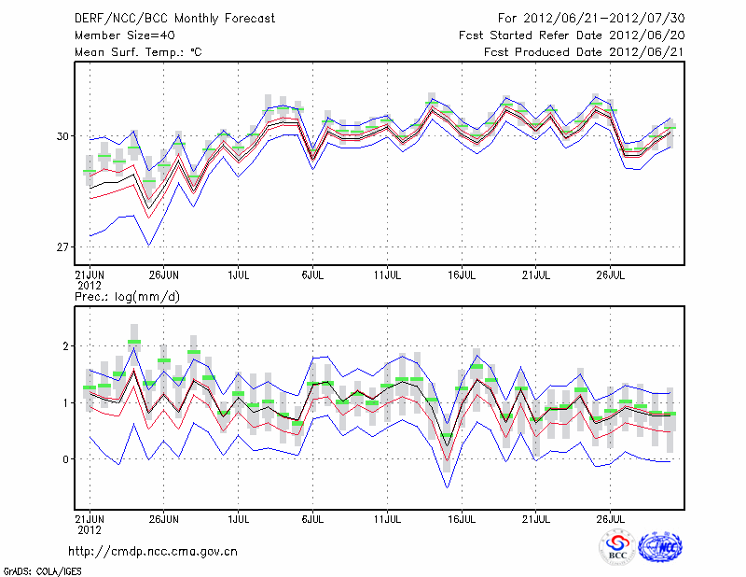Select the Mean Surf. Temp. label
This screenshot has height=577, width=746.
coord(138,52)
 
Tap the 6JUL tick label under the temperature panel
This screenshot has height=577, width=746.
coord(313,275)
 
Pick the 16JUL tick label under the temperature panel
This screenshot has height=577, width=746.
coord(463,275)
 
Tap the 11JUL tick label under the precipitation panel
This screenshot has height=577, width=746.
coord(388,516)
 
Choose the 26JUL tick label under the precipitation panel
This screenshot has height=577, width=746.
coord(611,516)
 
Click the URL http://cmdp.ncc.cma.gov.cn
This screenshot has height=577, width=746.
coord(153,552)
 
